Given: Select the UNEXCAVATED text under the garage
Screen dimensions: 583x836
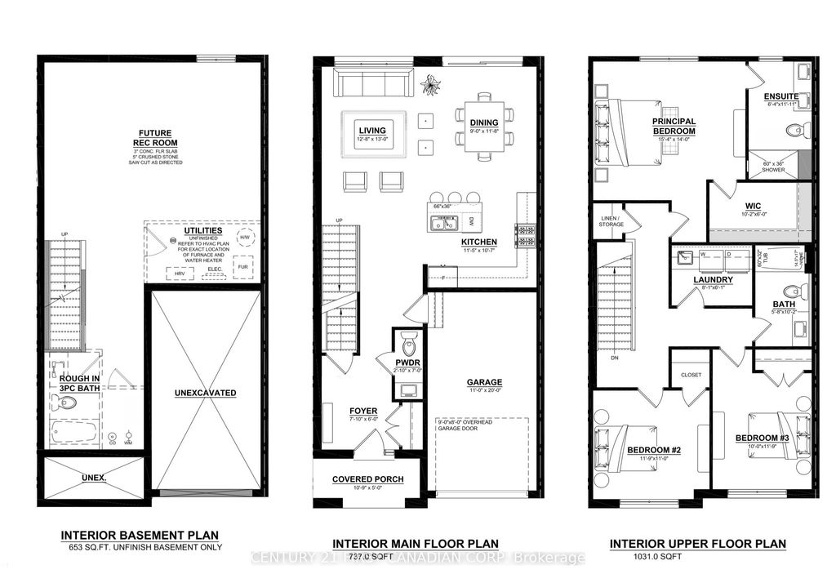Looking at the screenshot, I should pyautogui.click(x=205, y=393).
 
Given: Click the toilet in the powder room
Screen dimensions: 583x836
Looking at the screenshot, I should pyautogui.click(x=409, y=340).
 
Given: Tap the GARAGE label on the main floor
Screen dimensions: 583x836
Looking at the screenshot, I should pyautogui.click(x=484, y=382).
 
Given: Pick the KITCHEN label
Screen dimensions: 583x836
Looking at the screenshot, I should pyautogui.click(x=480, y=243).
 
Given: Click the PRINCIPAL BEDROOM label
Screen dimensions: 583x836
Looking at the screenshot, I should pyautogui.click(x=674, y=126).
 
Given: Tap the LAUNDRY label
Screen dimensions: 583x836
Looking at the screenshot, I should pyautogui.click(x=713, y=280).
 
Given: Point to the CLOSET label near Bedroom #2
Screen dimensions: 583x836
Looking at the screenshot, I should pyautogui.click(x=691, y=376).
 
